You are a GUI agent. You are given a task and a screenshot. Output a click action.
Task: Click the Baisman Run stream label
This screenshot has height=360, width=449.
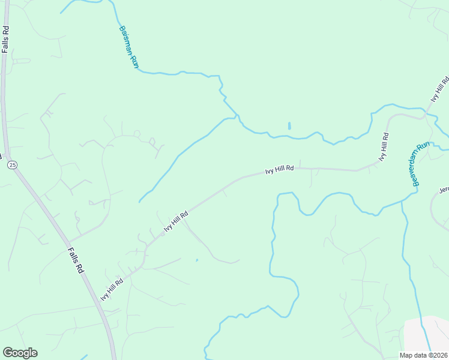(128, 47)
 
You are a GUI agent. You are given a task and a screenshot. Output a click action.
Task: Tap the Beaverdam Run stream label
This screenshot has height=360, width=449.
(423, 164)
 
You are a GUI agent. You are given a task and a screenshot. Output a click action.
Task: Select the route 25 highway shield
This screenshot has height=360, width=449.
(11, 164)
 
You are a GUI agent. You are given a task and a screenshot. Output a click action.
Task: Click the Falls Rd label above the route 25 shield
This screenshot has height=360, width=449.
(5, 39)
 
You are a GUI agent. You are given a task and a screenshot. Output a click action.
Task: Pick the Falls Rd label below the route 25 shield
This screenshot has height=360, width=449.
(76, 261)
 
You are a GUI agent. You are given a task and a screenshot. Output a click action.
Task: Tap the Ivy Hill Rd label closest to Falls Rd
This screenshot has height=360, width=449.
(112, 289)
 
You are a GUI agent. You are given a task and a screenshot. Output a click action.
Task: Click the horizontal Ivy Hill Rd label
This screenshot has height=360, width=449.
(279, 170)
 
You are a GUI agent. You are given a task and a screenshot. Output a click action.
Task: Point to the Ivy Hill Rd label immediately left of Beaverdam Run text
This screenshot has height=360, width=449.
(384, 146)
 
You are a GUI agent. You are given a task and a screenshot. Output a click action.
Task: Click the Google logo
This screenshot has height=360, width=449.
(20, 353)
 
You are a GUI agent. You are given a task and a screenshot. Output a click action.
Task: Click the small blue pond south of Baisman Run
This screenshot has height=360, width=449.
(289, 126)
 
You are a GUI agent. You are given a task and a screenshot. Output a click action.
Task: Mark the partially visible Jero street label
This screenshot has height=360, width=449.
(444, 190)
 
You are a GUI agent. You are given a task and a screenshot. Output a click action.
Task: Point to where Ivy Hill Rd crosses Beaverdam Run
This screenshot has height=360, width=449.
(425, 112)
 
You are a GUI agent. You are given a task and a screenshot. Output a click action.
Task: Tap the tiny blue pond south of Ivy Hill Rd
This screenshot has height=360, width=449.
(197, 260)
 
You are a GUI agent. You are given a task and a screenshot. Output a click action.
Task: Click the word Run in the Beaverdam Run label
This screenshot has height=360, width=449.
(425, 148)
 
